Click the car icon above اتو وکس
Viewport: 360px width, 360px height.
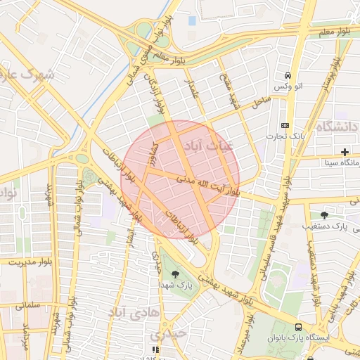click(x=288, y=75)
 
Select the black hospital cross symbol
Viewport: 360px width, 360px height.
click(x=345, y=152)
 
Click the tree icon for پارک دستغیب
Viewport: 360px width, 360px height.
click(x=323, y=214)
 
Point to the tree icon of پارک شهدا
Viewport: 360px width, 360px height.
click(x=174, y=274)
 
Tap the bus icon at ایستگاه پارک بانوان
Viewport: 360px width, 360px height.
click(x=300, y=327)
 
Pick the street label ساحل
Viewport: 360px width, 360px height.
click(x=262, y=103)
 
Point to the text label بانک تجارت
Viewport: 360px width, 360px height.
click(x=285, y=135)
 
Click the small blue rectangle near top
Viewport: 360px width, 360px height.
click(x=192, y=20)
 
